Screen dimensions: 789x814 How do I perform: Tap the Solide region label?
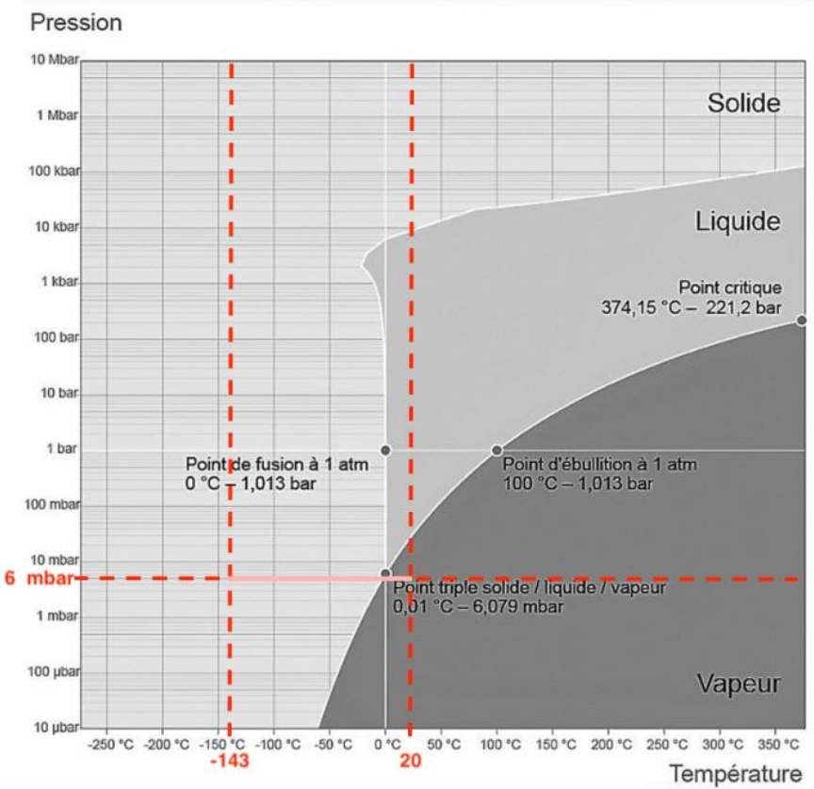coord(743,103)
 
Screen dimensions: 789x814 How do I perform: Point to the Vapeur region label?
coord(738,683)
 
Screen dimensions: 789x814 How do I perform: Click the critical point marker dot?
coord(801,321)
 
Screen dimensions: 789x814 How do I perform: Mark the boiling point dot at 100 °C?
coord(497,450)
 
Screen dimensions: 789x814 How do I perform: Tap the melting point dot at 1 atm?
coord(385,450)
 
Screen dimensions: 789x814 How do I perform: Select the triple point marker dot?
coord(385,573)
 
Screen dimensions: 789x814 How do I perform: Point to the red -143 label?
coord(229,760)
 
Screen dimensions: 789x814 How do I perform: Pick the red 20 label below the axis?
coord(410,760)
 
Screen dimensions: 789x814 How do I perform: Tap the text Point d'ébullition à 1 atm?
coord(599,465)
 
